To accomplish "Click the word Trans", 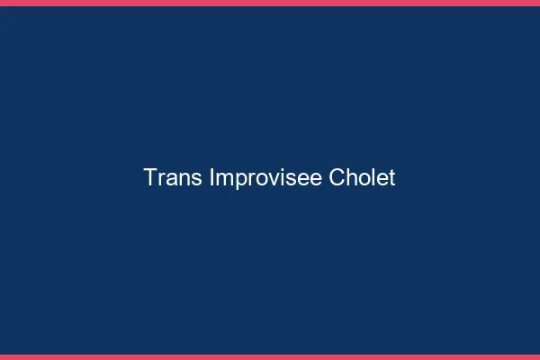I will pyautogui.click(x=173, y=178).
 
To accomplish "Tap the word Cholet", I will pyautogui.click(x=362, y=178).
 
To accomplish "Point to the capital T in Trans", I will pyautogui.click(x=150, y=178).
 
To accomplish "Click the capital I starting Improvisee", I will pyautogui.click(x=211, y=178).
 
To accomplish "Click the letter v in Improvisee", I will pyautogui.click(x=268, y=180).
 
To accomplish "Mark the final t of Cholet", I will pyautogui.click(x=391, y=178).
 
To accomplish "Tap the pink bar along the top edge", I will pyautogui.click(x=270, y=3).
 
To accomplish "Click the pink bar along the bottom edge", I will pyautogui.click(x=270, y=356).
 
